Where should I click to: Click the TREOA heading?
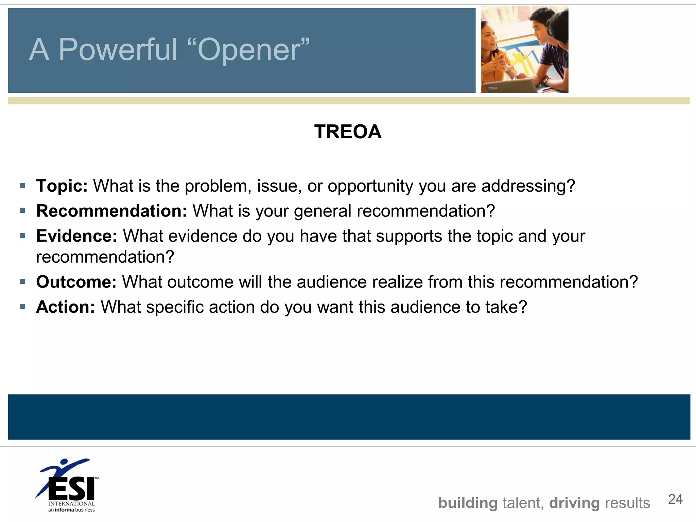click(x=348, y=132)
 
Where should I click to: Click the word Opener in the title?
click(x=253, y=50)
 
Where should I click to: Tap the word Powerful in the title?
click(x=118, y=50)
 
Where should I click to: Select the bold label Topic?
click(x=62, y=186)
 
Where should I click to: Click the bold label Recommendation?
click(x=111, y=211)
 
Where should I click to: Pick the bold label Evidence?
click(x=76, y=236)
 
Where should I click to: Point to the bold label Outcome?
click(x=76, y=282)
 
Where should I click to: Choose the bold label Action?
click(x=65, y=307)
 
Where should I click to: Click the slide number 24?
click(x=675, y=499)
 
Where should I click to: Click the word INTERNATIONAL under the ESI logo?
click(x=71, y=504)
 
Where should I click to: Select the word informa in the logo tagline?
click(x=64, y=510)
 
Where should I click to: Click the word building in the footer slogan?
click(x=468, y=503)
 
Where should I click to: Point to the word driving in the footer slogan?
click(x=574, y=503)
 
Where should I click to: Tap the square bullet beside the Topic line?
click(x=23, y=186)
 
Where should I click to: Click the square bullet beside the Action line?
click(x=23, y=307)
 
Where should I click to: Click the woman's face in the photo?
click(x=490, y=37)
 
